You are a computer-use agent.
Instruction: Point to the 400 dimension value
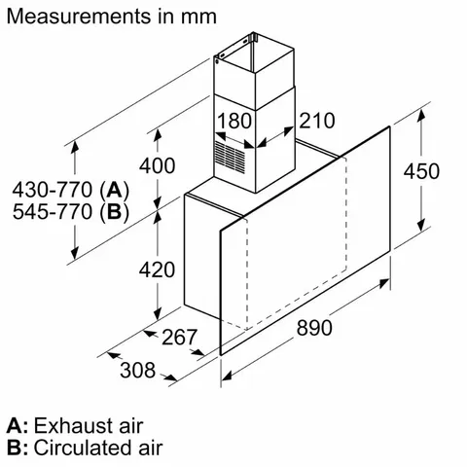[x=129, y=165]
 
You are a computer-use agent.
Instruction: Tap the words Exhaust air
[x=89, y=426]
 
